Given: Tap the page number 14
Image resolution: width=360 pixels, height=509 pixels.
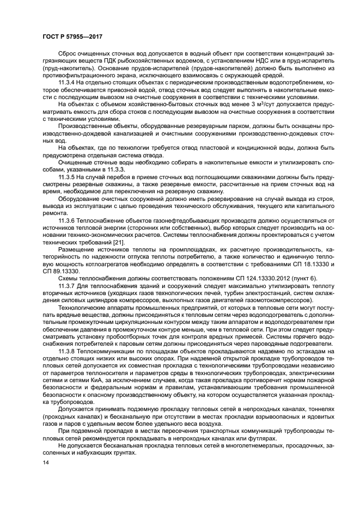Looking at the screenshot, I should [x=45, y=462].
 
